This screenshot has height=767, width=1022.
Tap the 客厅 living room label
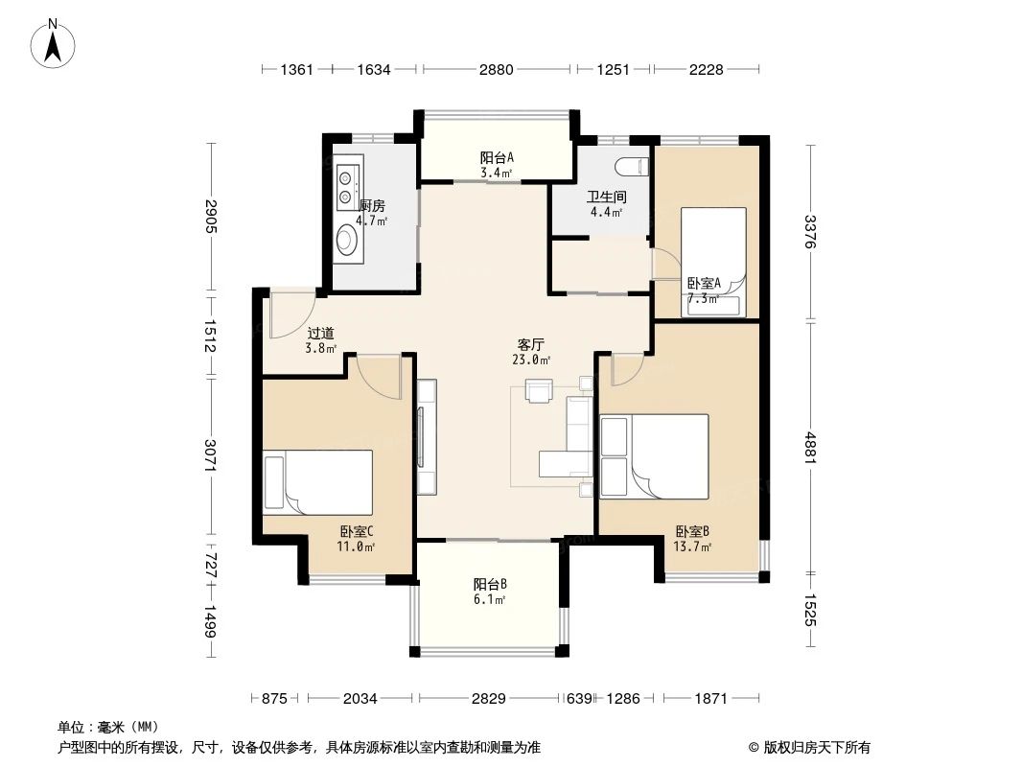point(532,342)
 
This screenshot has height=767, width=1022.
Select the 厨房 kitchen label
point(372,205)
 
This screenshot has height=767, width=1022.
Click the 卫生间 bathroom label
point(606,198)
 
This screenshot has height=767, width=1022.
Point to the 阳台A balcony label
point(497,157)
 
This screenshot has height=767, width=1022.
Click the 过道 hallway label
point(320,334)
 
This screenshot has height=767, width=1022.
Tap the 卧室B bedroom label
point(691,531)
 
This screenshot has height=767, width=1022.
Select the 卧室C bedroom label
point(356,531)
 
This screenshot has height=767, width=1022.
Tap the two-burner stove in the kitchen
point(346,187)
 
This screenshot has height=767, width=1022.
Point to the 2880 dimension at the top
point(497,69)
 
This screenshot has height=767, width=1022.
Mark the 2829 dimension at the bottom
point(489,699)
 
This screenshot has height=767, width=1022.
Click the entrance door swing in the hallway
point(290,314)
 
